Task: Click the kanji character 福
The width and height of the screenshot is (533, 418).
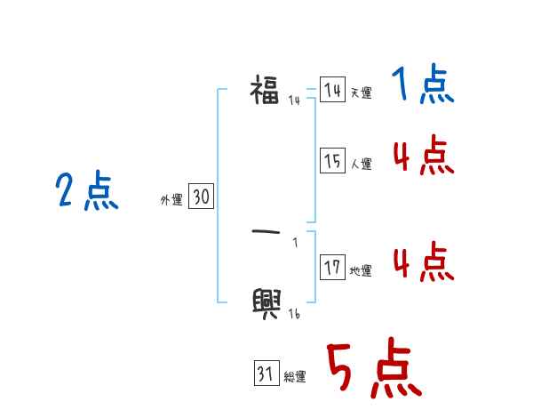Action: (x=265, y=90)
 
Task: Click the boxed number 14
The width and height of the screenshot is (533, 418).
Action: (x=332, y=90)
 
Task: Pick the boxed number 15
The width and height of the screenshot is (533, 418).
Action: (x=332, y=161)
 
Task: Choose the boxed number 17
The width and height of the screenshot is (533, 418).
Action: (x=332, y=267)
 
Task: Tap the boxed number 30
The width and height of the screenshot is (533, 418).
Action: (x=201, y=197)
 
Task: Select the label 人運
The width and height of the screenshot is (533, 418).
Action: (x=361, y=165)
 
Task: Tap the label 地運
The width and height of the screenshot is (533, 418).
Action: (x=361, y=270)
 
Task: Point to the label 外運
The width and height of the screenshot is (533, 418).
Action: (x=171, y=201)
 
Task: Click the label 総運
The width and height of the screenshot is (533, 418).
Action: (x=295, y=377)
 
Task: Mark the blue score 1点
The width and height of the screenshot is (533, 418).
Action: (x=423, y=86)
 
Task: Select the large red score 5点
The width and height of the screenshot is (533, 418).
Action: (x=374, y=370)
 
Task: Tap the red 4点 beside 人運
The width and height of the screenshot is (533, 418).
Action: (x=423, y=157)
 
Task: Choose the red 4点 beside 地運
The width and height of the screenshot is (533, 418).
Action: (x=423, y=262)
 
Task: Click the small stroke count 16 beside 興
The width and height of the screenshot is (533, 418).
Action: (x=294, y=314)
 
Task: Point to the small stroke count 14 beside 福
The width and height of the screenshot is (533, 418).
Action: (x=294, y=100)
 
